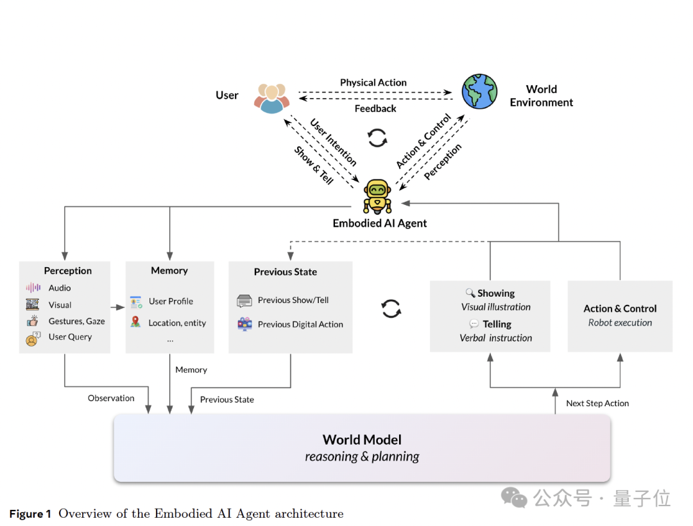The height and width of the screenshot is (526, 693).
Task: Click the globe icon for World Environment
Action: click(x=479, y=92)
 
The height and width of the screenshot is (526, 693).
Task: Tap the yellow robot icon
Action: click(x=377, y=196)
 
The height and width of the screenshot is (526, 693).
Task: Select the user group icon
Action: click(x=272, y=98)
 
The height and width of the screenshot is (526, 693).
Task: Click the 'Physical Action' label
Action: click(x=373, y=83)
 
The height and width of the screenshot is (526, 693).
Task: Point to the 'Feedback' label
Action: click(x=375, y=108)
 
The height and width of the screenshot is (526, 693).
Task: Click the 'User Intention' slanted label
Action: click(x=333, y=142)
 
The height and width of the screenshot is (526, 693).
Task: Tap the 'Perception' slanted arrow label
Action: click(x=442, y=161)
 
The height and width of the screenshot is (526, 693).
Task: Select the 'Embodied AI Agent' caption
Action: click(x=380, y=224)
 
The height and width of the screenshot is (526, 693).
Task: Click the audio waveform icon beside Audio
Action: click(x=33, y=288)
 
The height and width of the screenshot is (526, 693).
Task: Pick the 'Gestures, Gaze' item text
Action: click(x=76, y=321)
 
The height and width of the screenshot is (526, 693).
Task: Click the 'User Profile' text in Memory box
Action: click(x=171, y=301)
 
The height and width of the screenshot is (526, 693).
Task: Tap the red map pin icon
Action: click(x=135, y=322)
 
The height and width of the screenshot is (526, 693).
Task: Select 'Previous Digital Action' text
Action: click(x=300, y=324)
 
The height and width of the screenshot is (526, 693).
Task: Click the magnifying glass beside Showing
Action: click(x=470, y=293)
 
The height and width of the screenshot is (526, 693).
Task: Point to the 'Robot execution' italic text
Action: click(x=620, y=322)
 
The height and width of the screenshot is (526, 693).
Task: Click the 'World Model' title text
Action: click(x=362, y=440)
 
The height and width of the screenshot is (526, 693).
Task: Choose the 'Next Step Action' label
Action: click(x=597, y=404)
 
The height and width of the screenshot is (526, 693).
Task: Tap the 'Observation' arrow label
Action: click(x=111, y=398)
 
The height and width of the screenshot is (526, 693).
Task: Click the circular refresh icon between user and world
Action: click(x=377, y=138)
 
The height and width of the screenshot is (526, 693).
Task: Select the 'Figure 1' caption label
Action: click(x=30, y=514)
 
